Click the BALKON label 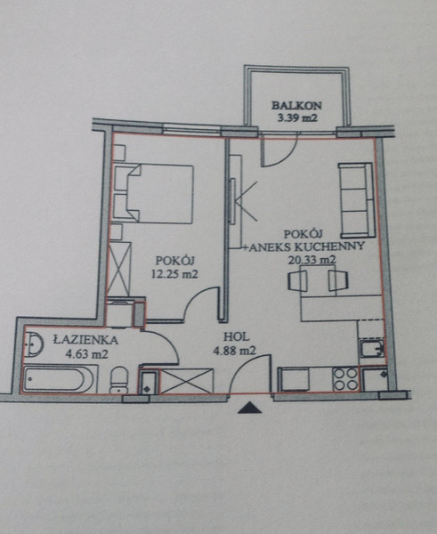click(x=296, y=105)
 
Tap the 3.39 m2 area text click(x=297, y=118)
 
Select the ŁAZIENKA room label click(x=85, y=340)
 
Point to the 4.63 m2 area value click(x=86, y=354)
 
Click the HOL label click(x=236, y=337)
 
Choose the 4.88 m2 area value click(x=234, y=351)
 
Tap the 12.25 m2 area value click(x=174, y=274)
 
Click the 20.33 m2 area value click(x=312, y=260)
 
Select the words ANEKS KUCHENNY click(x=306, y=247)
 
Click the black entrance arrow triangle click(x=250, y=408)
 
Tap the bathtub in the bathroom click(x=58, y=378)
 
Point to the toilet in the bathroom click(x=119, y=380)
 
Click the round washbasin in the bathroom click(x=34, y=344)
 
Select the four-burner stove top click(x=345, y=379)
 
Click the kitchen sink click(x=372, y=348)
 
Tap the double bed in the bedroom click(x=153, y=193)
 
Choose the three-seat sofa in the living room click(x=356, y=200)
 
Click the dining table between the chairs click(x=318, y=280)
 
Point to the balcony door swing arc click(x=284, y=154)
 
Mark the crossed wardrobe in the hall click(x=186, y=381)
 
